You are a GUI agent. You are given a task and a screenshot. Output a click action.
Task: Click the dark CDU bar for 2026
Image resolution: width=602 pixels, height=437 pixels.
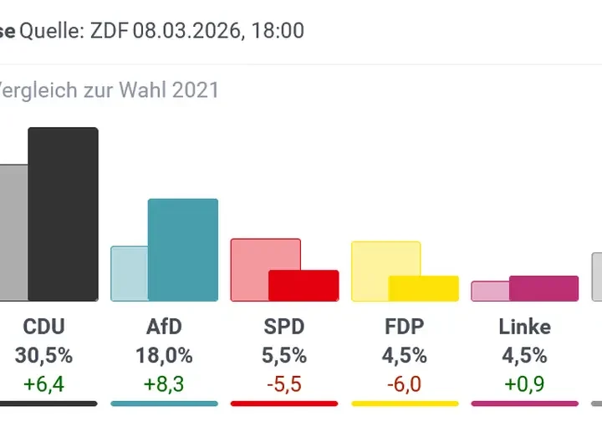pyautogui.click(x=63, y=214)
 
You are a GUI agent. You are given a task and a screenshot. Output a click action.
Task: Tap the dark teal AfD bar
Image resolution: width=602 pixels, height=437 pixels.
pyautogui.click(x=182, y=250)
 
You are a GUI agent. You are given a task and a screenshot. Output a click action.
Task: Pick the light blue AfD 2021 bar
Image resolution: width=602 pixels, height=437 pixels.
pyautogui.click(x=129, y=273)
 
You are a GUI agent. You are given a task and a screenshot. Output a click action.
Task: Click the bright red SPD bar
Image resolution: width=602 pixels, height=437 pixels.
pyautogui.click(x=304, y=286)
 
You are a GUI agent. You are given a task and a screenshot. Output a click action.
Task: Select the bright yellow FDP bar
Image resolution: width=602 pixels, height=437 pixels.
pyautogui.click(x=424, y=288)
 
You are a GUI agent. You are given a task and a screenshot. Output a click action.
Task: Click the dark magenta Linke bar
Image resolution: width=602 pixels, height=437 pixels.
pyautogui.click(x=543, y=288)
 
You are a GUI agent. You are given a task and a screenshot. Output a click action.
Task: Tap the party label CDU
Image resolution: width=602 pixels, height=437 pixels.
pyautogui.click(x=43, y=326)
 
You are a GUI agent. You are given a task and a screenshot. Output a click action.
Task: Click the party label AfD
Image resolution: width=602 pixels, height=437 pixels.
pyautogui.click(x=164, y=326)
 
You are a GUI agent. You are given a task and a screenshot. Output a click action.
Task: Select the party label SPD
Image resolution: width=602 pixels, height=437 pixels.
pyautogui.click(x=284, y=326)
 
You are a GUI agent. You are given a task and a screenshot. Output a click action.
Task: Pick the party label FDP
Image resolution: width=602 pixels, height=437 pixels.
pyautogui.click(x=405, y=326)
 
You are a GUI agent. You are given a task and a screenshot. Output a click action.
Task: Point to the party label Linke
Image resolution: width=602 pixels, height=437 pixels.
pyautogui.click(x=524, y=326)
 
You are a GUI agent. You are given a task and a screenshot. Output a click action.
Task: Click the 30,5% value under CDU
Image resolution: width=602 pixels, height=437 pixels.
pyautogui.click(x=43, y=355)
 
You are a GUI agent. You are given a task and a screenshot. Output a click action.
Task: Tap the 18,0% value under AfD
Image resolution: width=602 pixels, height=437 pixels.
pyautogui.click(x=164, y=355)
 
